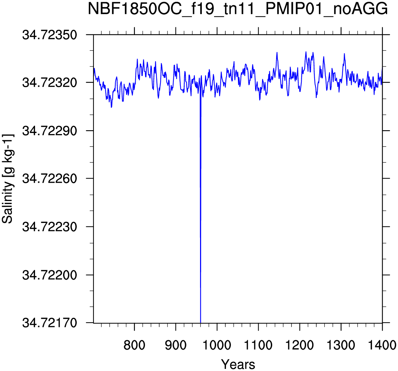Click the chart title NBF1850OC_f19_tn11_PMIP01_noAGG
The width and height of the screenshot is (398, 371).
[238, 9]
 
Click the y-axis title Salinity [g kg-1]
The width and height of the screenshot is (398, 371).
[8, 179]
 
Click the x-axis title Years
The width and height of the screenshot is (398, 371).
[238, 364]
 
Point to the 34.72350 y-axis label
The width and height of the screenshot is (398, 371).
[49, 35]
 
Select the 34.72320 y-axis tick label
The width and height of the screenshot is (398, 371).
[49, 82]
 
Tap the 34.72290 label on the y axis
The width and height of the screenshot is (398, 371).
[49, 131]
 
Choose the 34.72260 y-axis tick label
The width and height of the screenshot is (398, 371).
[49, 178]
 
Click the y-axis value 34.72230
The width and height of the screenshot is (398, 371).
[49, 227]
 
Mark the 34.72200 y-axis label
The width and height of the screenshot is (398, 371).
[49, 275]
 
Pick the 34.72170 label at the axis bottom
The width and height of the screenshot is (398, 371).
[49, 323]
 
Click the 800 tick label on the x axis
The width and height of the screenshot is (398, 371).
[134, 345]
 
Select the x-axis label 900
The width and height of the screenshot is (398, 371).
[176, 345]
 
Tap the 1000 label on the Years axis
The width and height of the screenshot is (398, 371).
[217, 345]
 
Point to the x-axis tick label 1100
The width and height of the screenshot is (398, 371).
[258, 345]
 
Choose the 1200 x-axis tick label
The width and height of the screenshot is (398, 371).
[300, 345]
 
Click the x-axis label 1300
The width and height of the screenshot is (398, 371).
[341, 345]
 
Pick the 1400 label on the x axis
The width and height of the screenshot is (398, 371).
[382, 345]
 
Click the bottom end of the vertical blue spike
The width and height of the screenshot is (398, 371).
[200, 323]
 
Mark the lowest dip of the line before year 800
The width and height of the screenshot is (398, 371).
[111, 107]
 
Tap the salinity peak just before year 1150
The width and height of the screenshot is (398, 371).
[277, 52]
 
